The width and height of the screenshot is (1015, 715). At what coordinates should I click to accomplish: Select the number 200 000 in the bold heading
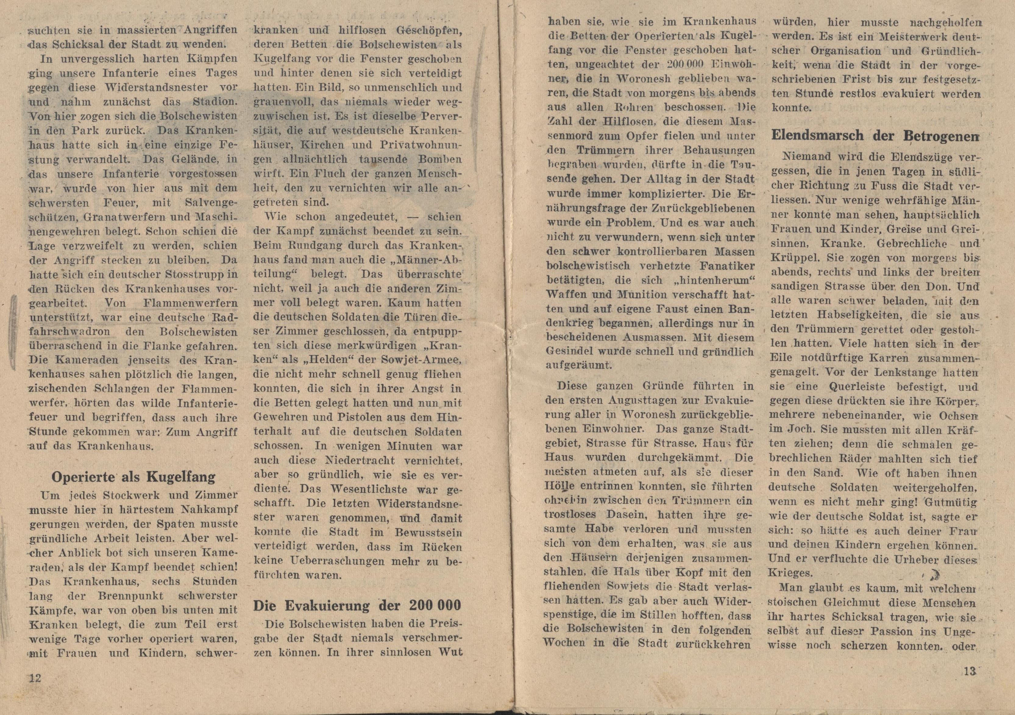point(435,605)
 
